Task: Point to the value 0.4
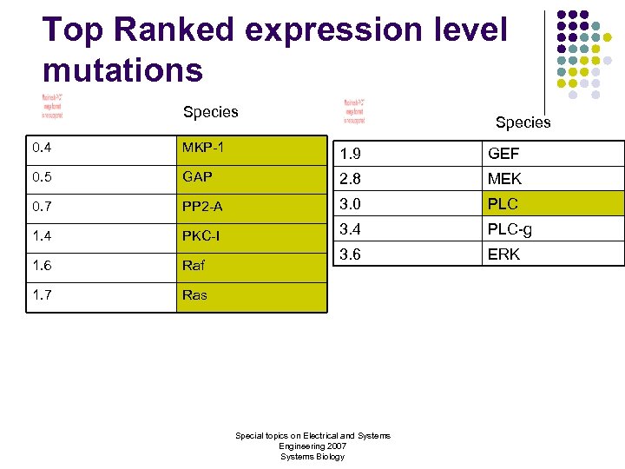[41, 147]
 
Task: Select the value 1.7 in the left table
[41, 295]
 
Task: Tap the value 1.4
[41, 235]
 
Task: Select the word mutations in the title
[122, 69]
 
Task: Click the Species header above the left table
[210, 111]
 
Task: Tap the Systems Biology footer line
[312, 456]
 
